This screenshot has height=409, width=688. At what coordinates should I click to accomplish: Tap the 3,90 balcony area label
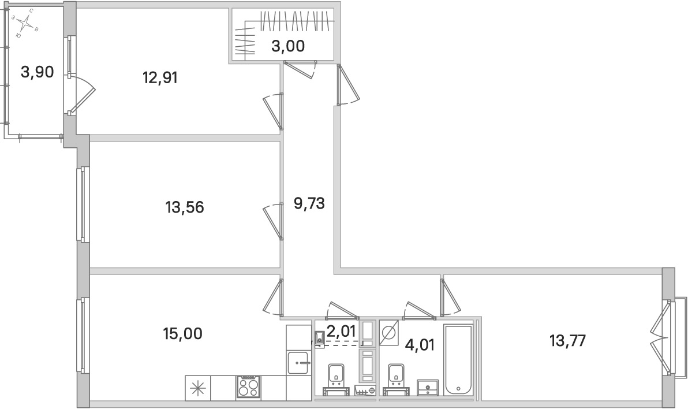tap(38, 72)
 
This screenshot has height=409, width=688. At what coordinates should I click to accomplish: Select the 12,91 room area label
tap(160, 78)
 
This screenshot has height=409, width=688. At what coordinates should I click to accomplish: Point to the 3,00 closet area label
tap(288, 46)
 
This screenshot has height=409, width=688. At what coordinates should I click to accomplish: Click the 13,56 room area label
tap(185, 207)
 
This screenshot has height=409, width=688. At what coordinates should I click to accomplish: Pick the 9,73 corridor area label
tap(309, 203)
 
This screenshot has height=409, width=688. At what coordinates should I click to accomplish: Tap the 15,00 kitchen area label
tap(183, 333)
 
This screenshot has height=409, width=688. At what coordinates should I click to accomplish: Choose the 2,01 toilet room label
tap(341, 330)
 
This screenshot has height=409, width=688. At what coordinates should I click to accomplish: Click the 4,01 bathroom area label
tap(420, 345)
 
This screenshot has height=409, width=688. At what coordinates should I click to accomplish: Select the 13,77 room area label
tap(568, 340)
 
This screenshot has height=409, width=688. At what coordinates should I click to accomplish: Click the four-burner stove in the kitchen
tap(248, 388)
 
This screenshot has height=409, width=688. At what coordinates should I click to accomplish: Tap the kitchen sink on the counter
tap(298, 362)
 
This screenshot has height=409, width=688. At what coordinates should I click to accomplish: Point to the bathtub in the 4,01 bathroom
tap(458, 360)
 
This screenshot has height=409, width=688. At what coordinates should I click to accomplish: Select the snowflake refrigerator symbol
tap(198, 388)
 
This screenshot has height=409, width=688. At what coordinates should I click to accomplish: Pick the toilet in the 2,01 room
tap(319, 337)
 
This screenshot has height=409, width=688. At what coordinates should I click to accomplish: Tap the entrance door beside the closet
tap(347, 85)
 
